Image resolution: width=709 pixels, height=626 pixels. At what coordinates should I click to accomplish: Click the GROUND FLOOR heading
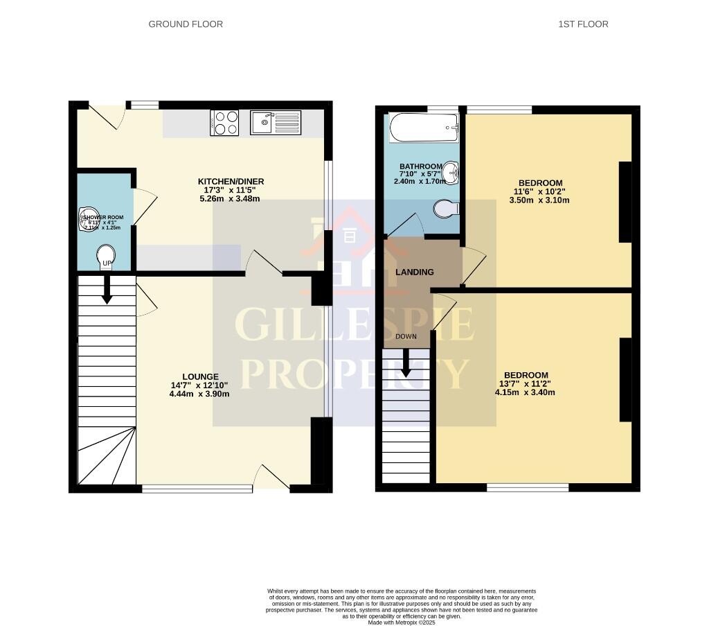(186, 24)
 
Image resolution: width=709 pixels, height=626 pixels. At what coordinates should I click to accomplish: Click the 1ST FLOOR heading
(583, 24)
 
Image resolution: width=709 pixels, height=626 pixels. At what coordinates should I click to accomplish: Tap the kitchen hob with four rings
(224, 123)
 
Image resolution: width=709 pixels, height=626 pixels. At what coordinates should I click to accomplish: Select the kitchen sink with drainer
(276, 123)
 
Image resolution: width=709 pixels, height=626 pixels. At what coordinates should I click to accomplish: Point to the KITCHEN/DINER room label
(231, 182)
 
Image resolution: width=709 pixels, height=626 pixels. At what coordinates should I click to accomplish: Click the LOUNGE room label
(200, 377)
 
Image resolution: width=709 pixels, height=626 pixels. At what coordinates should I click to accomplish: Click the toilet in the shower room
(106, 254)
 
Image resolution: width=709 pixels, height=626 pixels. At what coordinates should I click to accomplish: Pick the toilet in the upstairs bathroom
(447, 208)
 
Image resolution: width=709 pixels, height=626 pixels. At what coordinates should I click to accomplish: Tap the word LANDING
(415, 272)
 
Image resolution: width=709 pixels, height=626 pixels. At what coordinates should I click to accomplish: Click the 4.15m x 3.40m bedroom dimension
(526, 392)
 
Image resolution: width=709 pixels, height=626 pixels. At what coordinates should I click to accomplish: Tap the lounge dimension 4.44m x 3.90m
(199, 394)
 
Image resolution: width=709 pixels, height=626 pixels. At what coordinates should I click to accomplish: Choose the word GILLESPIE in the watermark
(354, 324)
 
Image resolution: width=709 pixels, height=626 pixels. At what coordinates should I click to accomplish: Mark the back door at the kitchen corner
(104, 116)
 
